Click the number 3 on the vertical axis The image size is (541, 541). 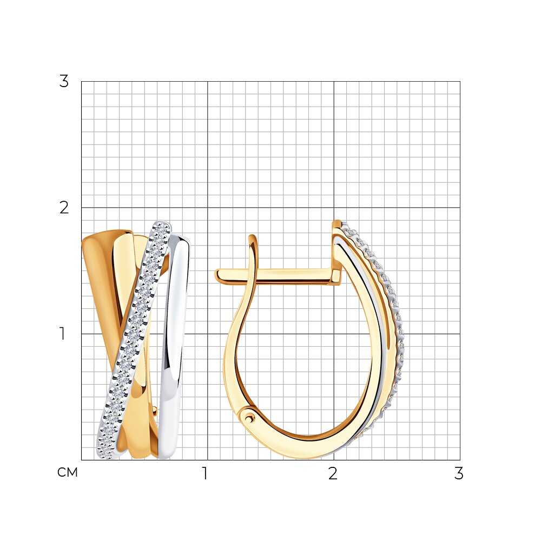click(x=64, y=82)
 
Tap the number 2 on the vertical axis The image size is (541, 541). click(x=64, y=208)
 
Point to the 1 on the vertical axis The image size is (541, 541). click(x=62, y=334)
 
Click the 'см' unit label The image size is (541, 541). click(x=68, y=472)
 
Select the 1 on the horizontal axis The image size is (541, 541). click(x=205, y=473)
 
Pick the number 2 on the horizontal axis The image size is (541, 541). click(x=333, y=473)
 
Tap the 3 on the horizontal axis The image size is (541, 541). click(x=459, y=473)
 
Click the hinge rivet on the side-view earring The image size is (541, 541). click(x=249, y=418)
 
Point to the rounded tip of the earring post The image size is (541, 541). click(x=217, y=276)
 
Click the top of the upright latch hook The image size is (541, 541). click(x=254, y=237)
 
